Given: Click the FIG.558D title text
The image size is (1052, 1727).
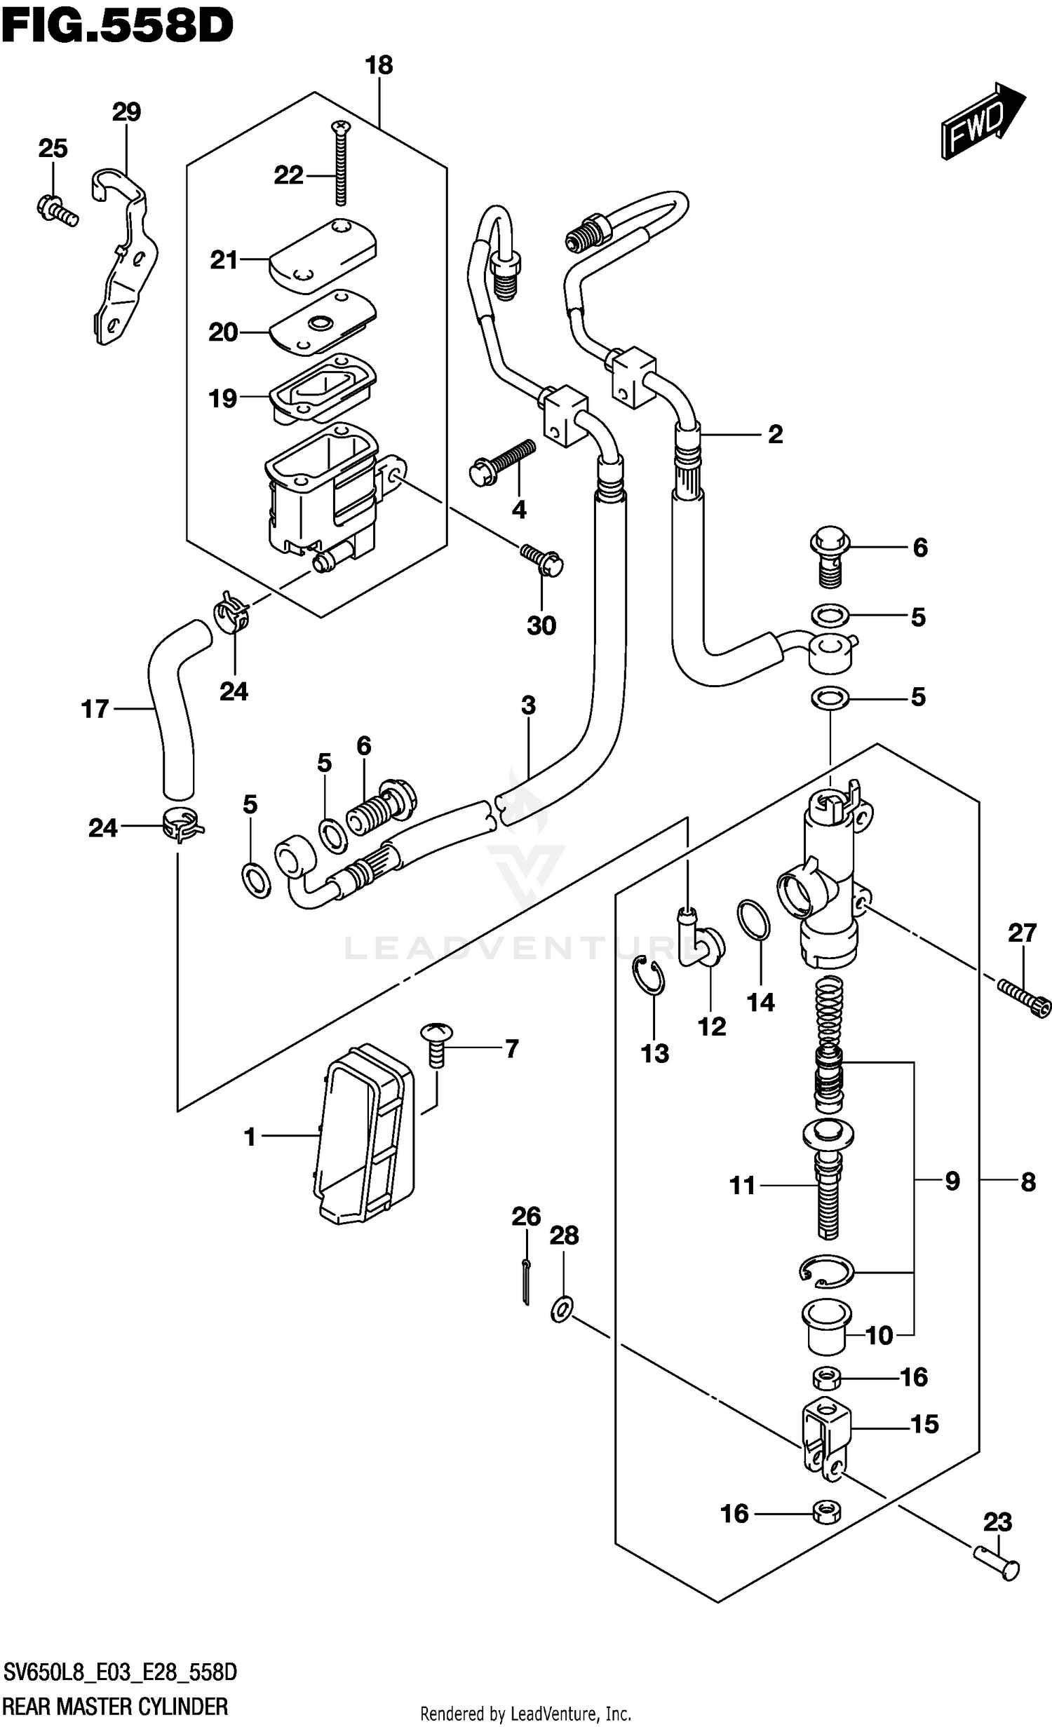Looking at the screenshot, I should [x=117, y=27].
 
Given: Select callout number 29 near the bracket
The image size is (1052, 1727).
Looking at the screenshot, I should [x=126, y=112].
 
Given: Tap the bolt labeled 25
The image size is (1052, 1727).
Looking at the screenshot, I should [x=56, y=209].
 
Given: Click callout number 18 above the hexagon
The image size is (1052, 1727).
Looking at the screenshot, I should [x=379, y=66].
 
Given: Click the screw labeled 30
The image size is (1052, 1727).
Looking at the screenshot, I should [x=543, y=560].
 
